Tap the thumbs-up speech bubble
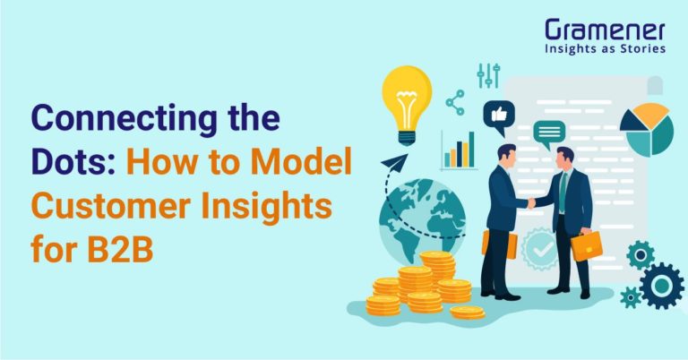pyautogui.click(x=498, y=114)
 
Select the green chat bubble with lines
pyautogui.click(x=547, y=134)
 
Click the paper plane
pyautogui.click(x=394, y=163)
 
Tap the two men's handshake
pyautogui.click(x=530, y=203)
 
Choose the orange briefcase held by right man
pyautogui.click(x=586, y=244)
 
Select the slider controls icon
pyautogui.click(x=488, y=75)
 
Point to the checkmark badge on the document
pyautogui.click(x=540, y=246)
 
